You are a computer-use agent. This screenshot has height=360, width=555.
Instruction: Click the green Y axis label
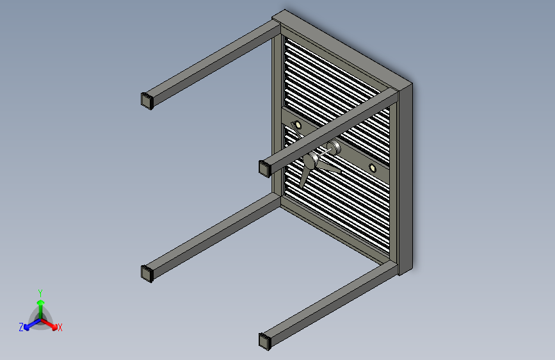40,291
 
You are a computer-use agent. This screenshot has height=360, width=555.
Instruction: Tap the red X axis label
60,327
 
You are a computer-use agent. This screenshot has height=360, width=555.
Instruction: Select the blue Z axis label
21,327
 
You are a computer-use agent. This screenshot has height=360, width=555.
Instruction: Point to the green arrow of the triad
40,304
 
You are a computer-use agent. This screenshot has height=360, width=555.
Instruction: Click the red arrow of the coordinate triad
51,323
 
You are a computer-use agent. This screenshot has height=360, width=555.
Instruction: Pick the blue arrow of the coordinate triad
29,324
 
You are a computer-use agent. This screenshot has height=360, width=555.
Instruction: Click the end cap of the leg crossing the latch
264,168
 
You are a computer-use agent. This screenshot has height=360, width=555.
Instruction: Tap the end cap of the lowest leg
264,340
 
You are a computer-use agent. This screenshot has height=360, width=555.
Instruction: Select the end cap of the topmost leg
147,100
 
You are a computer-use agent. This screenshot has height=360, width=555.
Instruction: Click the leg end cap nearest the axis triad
147,273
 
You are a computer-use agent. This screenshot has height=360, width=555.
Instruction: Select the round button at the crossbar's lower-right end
373,168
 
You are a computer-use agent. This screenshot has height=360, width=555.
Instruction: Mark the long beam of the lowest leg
326,301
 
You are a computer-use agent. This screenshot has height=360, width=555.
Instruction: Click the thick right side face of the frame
406,179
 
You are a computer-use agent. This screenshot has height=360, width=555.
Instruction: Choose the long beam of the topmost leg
211,61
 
